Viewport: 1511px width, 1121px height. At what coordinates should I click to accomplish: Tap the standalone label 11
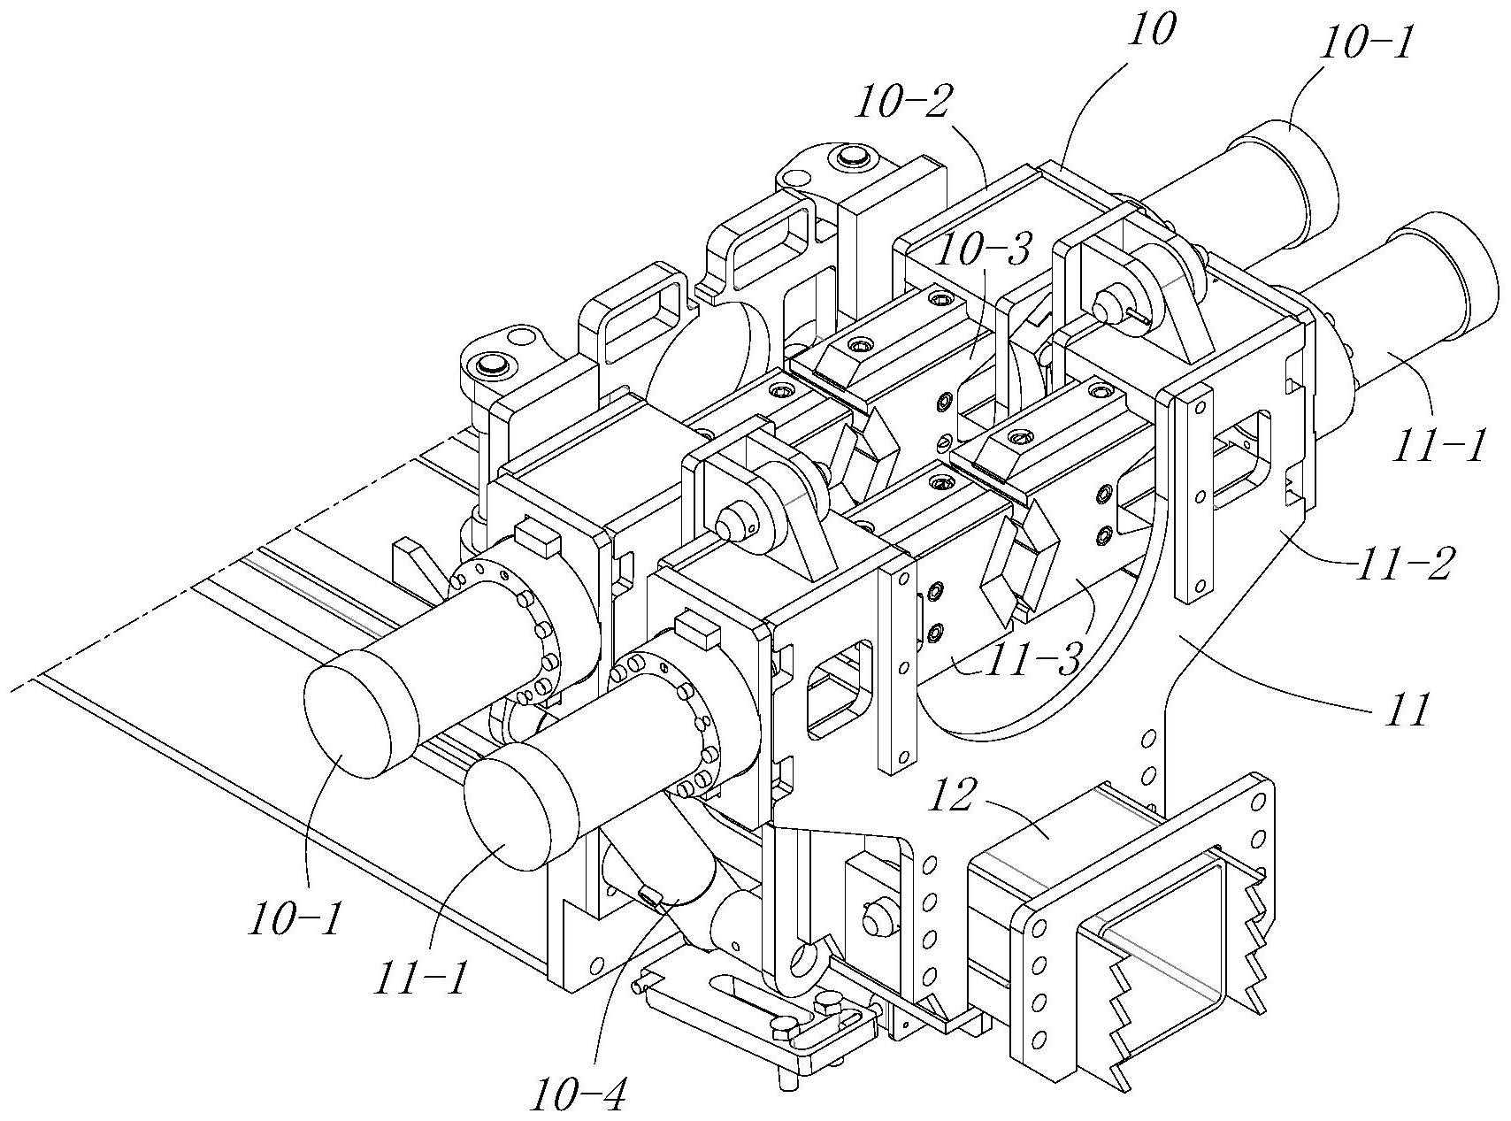(x=1398, y=708)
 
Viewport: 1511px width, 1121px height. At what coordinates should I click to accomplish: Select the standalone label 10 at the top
(x=1150, y=33)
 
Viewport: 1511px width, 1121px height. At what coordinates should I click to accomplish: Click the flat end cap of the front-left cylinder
(x=349, y=720)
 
